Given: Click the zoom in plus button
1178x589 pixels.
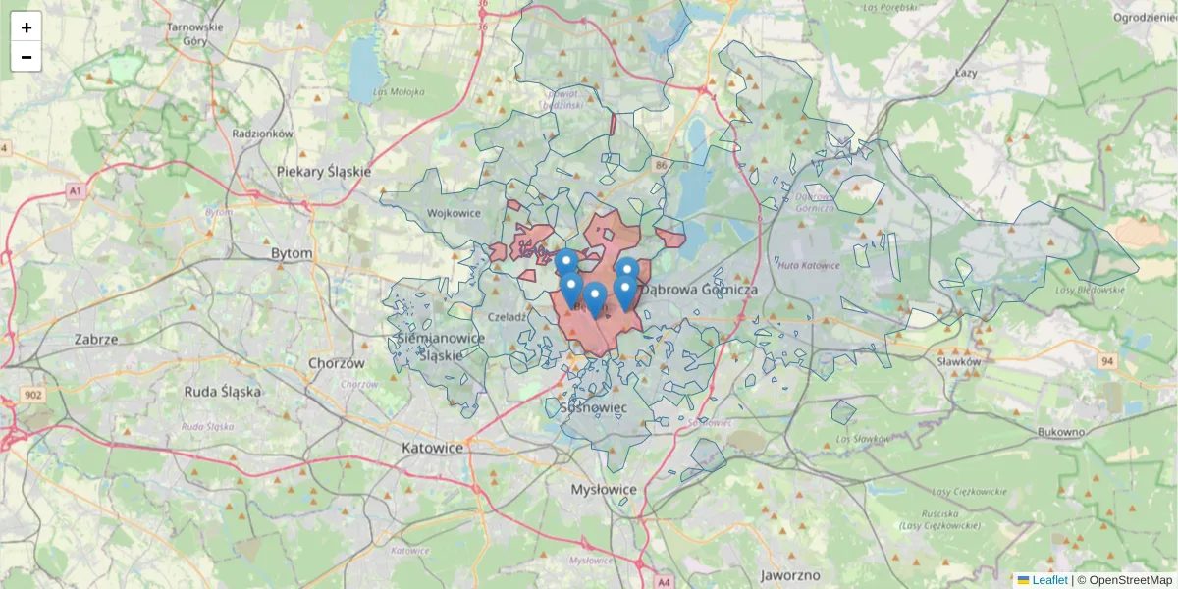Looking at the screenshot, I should point(27,27).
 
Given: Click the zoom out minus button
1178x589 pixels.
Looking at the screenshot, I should point(27,57).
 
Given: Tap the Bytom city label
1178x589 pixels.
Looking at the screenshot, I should point(292,253).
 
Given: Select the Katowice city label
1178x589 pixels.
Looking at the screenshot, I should point(432,448).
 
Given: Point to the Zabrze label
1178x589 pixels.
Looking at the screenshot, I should point(96,339).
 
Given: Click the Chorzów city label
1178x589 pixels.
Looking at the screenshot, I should point(336,362).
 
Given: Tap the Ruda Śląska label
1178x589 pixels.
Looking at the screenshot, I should point(223,391).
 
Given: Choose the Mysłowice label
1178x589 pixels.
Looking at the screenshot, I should point(604,489).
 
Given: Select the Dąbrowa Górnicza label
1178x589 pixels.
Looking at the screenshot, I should point(700,291).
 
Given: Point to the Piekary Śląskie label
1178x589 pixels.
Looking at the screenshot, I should point(324,171).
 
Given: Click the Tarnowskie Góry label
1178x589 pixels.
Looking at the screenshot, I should point(195,34).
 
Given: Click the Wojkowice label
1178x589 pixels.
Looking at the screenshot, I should point(454,212).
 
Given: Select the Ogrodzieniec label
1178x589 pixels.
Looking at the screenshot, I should point(1145,17).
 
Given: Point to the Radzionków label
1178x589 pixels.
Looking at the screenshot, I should point(262,133).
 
